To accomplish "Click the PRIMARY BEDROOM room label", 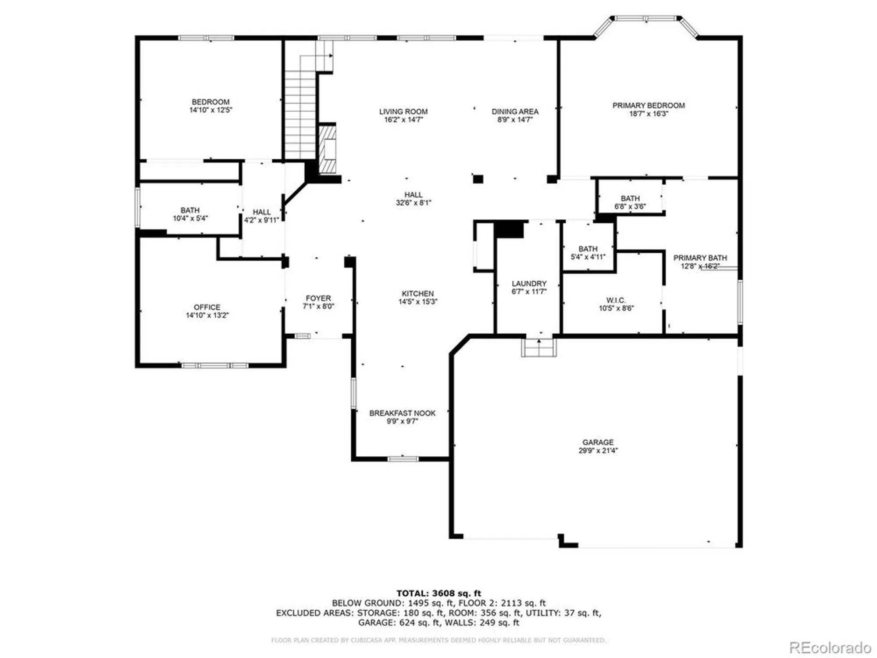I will (648, 105).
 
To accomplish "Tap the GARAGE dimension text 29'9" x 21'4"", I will (598, 451).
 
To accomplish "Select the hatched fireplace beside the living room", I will (328, 149).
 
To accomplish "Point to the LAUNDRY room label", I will (529, 283).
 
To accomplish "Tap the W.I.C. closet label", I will (616, 300).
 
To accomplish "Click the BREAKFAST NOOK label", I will (402, 413).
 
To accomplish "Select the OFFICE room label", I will (207, 307).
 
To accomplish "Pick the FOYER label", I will (318, 298).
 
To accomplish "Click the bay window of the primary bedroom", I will (645, 18).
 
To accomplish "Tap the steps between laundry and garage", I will (539, 348).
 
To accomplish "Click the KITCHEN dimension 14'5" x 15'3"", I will (417, 302).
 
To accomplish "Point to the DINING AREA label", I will (515, 111).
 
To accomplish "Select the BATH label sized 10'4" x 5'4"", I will (190, 211).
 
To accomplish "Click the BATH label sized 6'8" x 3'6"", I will (630, 199).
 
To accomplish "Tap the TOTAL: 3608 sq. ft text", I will (438, 594).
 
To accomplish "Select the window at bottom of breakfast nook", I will (403, 459).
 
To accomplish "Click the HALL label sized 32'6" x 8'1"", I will (413, 195).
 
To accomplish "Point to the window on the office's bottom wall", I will (214, 365).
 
